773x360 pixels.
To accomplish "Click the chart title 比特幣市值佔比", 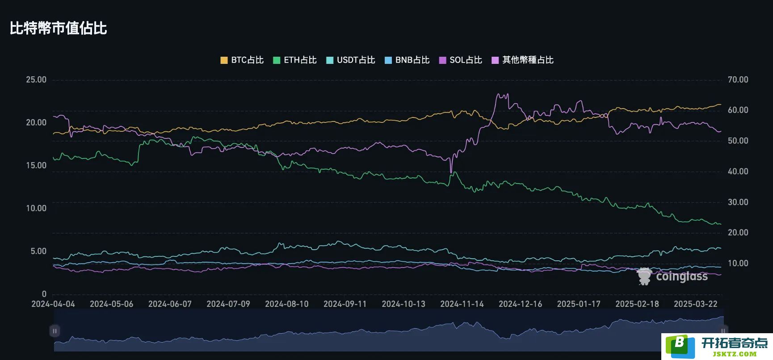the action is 58,28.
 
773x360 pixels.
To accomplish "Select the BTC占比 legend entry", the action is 242,60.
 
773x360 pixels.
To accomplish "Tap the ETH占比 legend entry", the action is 295,60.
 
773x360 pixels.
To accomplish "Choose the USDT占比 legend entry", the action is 351,60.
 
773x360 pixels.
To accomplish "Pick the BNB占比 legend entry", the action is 407,60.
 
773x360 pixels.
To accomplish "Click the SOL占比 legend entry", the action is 461,60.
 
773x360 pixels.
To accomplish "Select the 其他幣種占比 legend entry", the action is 522,60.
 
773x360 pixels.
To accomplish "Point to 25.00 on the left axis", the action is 36,80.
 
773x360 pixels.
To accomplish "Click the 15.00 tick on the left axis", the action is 36,166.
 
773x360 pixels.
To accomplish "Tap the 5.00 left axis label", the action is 38,251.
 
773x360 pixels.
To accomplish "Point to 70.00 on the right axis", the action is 738,80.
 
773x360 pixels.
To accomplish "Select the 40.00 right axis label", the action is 738,172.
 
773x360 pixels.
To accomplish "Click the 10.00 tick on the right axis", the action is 738,264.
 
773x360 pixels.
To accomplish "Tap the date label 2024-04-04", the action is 53,304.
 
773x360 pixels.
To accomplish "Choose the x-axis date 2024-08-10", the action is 287,304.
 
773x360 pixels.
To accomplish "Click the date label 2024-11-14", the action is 462,304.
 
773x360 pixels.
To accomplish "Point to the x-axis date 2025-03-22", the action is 696,304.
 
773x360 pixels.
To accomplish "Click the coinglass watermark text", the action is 682,277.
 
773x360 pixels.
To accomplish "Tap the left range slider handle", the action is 55,331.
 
